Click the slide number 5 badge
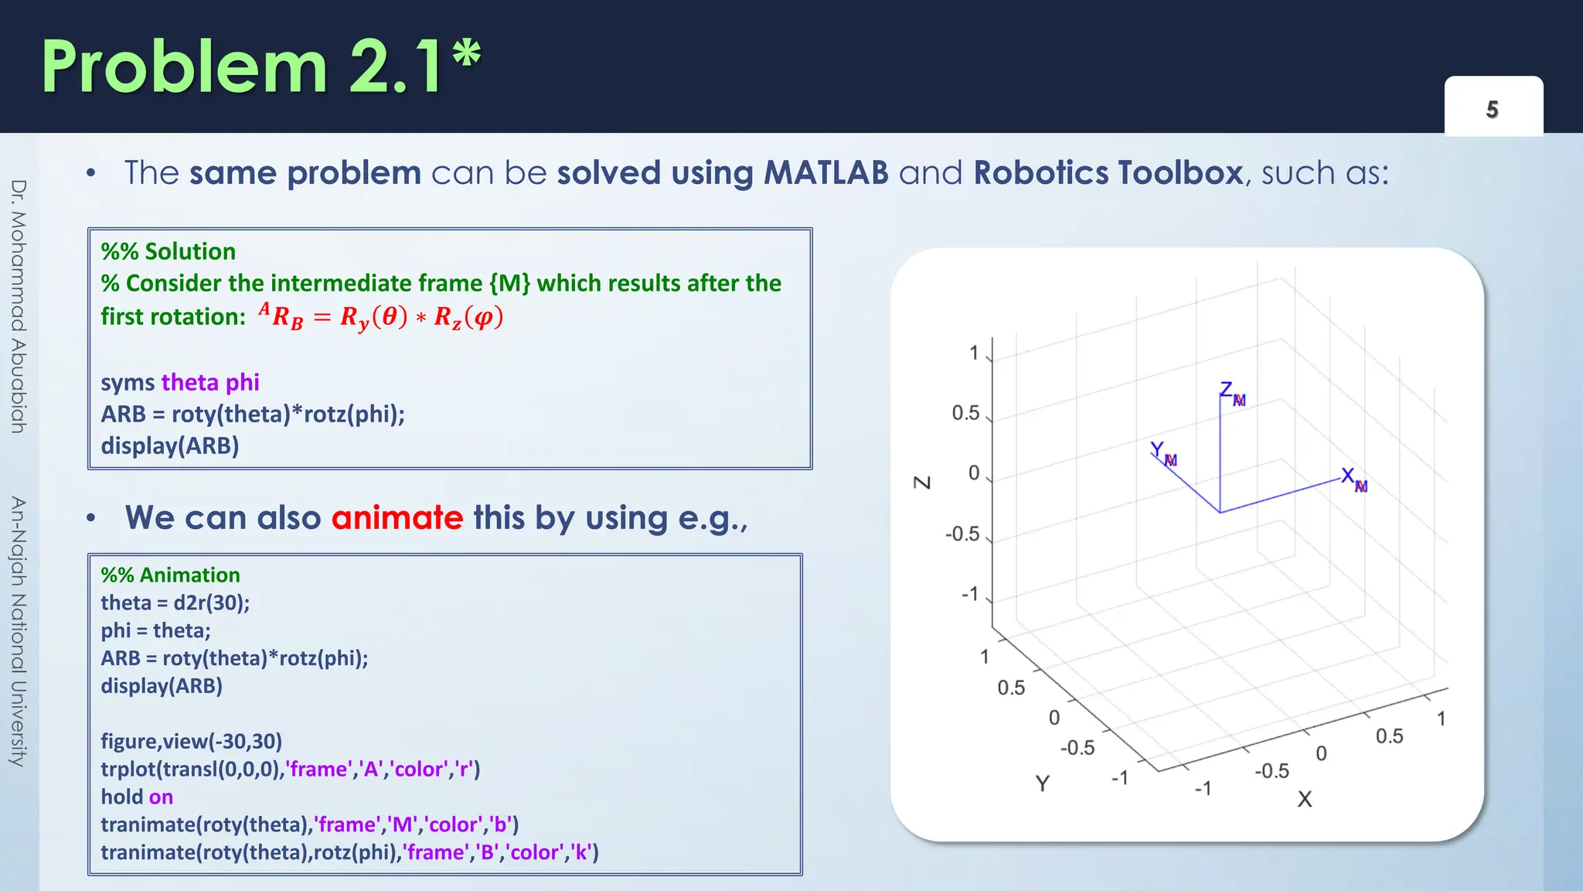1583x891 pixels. tap(1493, 109)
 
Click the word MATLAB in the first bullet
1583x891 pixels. tap(826, 172)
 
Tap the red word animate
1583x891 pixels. tap(397, 517)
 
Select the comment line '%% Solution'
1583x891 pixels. tap(168, 251)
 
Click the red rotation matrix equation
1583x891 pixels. tap(380, 317)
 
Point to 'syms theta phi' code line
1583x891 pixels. tap(179, 382)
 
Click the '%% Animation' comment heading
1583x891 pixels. tap(170, 575)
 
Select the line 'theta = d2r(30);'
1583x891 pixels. tap(175, 603)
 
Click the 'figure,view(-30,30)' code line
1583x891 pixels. tap(191, 741)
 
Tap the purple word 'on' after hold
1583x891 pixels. tap(161, 797)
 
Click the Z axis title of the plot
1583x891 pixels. tap(922, 482)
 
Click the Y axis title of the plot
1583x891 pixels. tap(1042, 783)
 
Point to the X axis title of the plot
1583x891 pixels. tap(1305, 799)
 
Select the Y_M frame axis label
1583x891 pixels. tap(1163, 453)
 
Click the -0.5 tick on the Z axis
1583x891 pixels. tap(962, 534)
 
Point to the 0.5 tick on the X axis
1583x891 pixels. tap(1389, 736)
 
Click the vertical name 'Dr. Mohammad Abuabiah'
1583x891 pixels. tap(19, 306)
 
